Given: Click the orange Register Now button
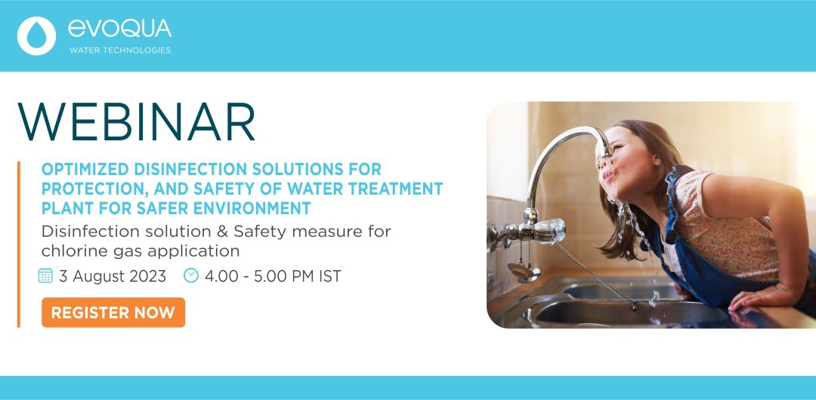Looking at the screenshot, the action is coord(113,312).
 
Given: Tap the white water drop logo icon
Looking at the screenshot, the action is coord(36,36).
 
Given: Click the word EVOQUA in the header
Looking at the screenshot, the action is coord(119,29).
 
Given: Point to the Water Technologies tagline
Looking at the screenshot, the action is coord(119,51).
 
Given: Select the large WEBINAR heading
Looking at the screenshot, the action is coord(136,122).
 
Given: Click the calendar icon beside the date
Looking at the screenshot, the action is coord(46,275).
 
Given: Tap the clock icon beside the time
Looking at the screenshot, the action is coord(191,275).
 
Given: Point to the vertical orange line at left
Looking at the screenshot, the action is coord(19,245).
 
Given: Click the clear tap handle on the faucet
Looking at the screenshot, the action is coord(551,231).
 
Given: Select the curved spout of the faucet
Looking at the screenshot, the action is coord(562,156).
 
